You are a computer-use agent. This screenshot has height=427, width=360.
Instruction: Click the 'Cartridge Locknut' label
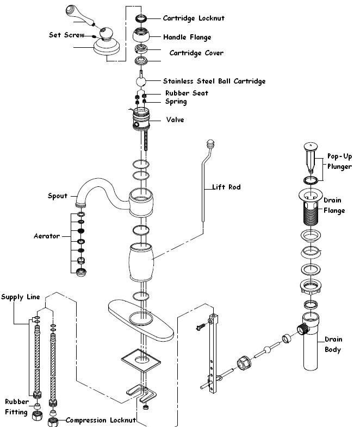click(x=194, y=18)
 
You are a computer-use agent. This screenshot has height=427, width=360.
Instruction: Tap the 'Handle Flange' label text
click(x=187, y=37)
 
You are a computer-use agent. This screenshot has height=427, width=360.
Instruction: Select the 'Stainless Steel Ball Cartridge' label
click(x=214, y=81)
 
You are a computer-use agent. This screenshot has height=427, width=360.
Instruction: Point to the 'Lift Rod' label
click(x=226, y=187)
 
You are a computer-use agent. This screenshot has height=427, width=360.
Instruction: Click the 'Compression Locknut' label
click(x=101, y=420)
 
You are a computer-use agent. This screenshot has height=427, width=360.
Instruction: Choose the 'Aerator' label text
click(x=47, y=236)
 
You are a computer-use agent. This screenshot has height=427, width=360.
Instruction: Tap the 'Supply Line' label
click(x=21, y=297)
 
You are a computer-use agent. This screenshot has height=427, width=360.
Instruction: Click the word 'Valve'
click(x=175, y=120)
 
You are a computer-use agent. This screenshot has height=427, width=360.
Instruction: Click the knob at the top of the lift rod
click(x=211, y=143)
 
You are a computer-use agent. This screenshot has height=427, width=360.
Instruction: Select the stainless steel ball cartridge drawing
click(x=141, y=81)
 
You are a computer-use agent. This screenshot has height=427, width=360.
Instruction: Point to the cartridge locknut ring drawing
click(x=141, y=18)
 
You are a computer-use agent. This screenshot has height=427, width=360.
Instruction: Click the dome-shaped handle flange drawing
click(x=141, y=35)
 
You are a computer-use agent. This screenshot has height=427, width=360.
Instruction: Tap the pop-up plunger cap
click(x=311, y=147)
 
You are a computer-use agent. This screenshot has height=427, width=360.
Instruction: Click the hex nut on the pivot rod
click(x=244, y=363)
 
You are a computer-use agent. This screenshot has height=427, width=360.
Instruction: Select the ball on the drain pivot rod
click(x=267, y=349)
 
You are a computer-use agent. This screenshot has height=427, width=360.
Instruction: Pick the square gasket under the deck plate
click(x=141, y=361)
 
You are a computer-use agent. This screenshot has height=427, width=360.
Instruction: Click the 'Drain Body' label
click(x=333, y=344)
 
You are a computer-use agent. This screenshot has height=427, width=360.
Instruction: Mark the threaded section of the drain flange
click(x=311, y=215)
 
